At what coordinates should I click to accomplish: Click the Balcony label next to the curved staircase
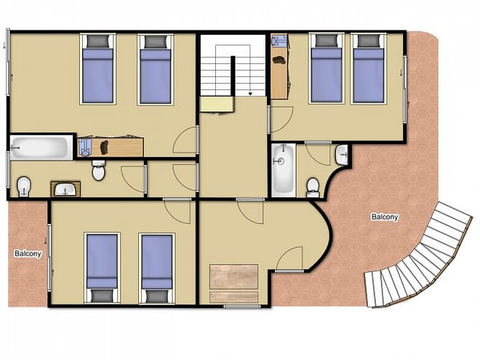[385, 217]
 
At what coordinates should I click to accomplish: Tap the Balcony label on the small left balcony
[28, 254]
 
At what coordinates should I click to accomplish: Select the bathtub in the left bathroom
[41, 148]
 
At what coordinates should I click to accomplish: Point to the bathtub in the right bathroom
[284, 170]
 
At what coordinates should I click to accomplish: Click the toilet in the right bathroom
[313, 188]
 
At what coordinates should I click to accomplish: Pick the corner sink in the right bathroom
[342, 155]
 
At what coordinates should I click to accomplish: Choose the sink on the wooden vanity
[65, 190]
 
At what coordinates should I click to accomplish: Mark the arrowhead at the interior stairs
[250, 94]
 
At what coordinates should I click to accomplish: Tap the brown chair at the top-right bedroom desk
[279, 60]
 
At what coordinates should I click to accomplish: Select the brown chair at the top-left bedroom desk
[104, 148]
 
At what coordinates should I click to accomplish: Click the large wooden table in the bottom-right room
[233, 277]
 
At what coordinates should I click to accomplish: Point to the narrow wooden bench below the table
[233, 297]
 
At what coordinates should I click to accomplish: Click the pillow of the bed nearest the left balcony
[102, 296]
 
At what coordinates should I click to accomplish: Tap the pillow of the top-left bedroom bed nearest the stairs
[156, 41]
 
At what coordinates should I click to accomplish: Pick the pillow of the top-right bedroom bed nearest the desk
[327, 41]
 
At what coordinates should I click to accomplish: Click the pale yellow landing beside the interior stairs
[217, 105]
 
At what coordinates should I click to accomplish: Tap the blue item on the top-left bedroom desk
[84, 147]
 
